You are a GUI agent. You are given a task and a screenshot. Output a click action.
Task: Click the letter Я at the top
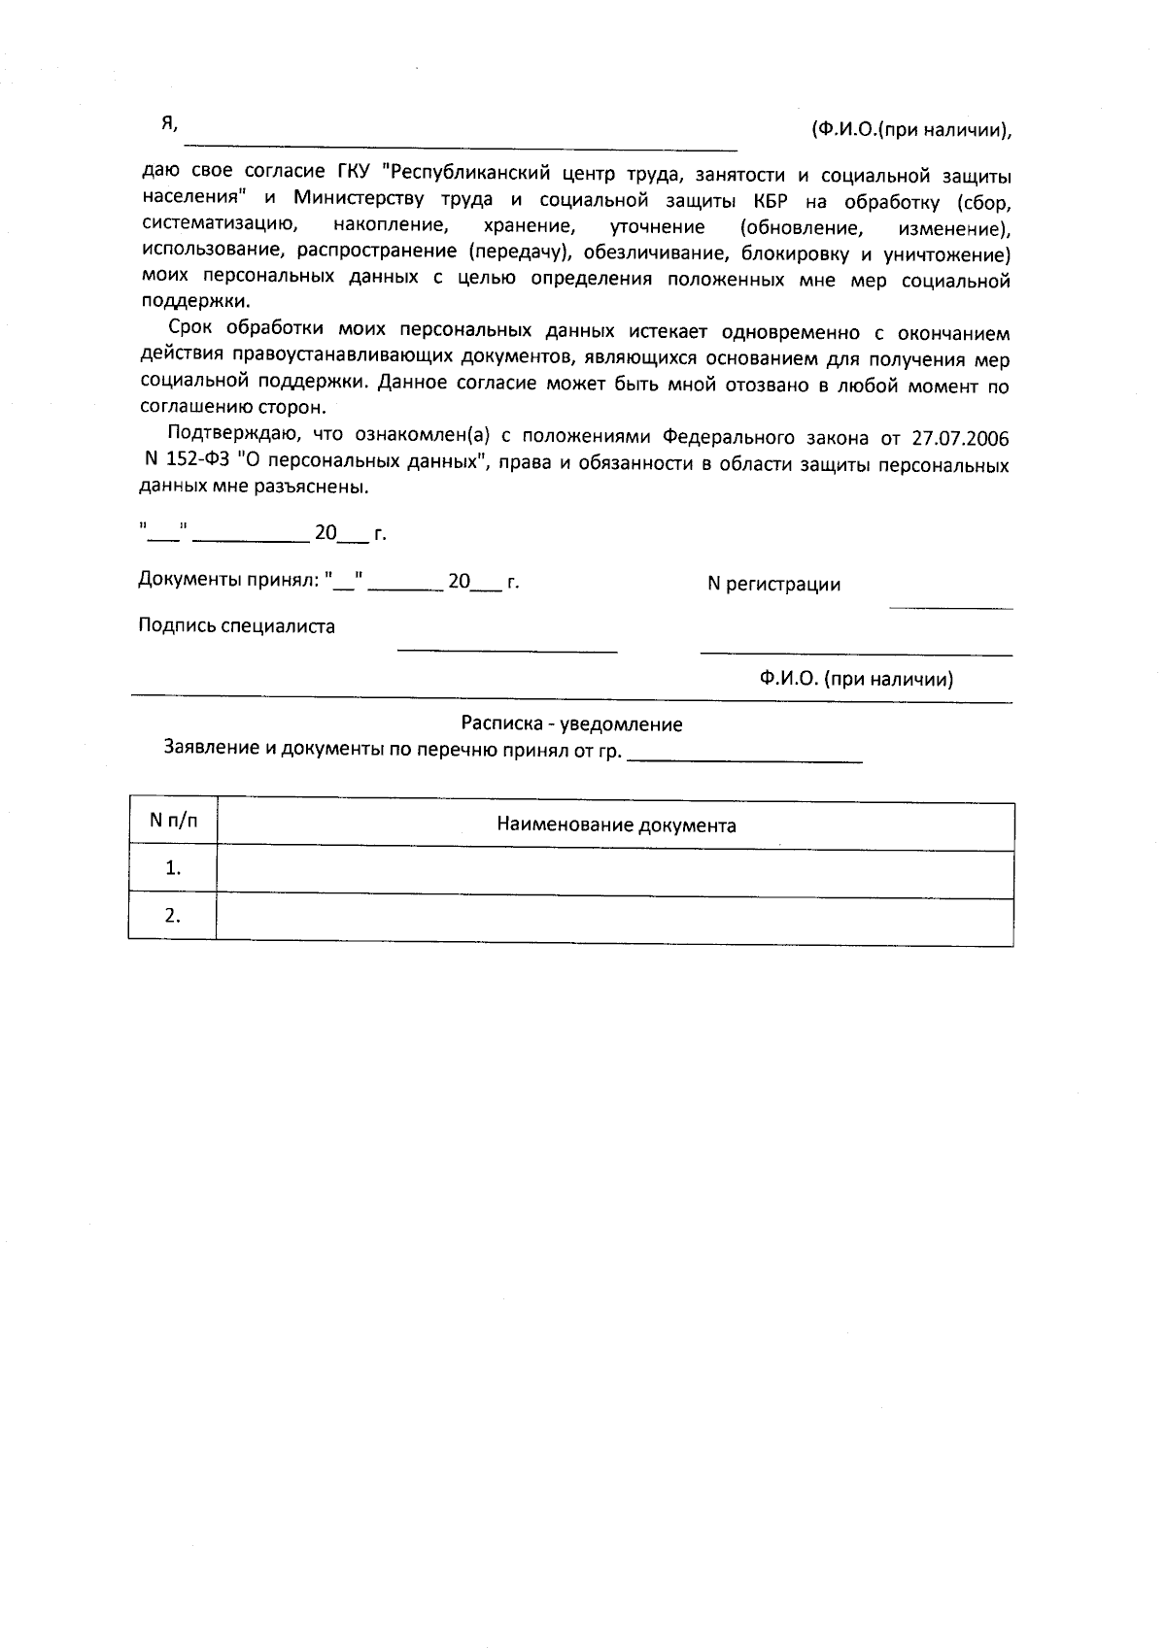pyautogui.click(x=168, y=123)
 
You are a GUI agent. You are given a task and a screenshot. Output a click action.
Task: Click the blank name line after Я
pyautogui.click(x=466, y=146)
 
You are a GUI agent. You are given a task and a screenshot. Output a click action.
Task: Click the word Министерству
pyautogui.click(x=358, y=200)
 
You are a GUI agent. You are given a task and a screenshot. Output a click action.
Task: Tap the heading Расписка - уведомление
pyautogui.click(x=571, y=724)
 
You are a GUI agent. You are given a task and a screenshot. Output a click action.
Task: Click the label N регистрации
pyautogui.click(x=773, y=585)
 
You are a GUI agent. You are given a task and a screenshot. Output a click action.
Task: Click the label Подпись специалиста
pyautogui.click(x=236, y=626)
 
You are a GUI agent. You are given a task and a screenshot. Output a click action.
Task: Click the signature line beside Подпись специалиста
pyautogui.click(x=507, y=649)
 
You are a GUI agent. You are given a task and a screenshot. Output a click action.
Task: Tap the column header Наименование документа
pyautogui.click(x=616, y=826)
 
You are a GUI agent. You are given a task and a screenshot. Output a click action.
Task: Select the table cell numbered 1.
pyautogui.click(x=173, y=868)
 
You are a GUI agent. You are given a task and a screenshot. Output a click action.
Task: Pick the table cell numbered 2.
pyautogui.click(x=173, y=916)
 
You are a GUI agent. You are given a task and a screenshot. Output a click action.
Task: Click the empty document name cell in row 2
pyautogui.click(x=614, y=918)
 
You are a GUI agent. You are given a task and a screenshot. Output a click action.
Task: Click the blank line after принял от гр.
pyautogui.click(x=745, y=759)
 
